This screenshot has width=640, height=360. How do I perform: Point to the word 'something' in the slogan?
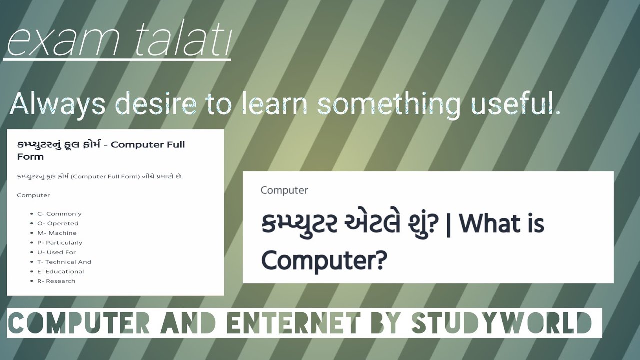point(389,104)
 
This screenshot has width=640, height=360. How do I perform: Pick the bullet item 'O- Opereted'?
point(58,223)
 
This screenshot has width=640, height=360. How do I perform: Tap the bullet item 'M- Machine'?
point(57,233)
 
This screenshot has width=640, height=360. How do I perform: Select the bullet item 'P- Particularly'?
point(60,243)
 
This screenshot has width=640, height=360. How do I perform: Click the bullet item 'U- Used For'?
point(56,252)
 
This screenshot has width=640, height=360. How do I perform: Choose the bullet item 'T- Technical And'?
point(64,262)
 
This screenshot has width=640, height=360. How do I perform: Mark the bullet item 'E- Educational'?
point(61,271)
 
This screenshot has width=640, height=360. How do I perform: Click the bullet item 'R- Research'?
point(56,281)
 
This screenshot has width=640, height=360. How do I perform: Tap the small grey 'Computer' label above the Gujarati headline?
point(284,190)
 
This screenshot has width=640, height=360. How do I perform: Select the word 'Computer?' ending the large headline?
point(324,259)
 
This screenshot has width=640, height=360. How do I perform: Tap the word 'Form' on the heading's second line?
point(30,157)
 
